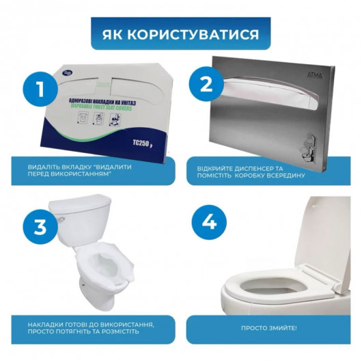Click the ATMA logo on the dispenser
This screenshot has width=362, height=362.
(320, 64)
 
